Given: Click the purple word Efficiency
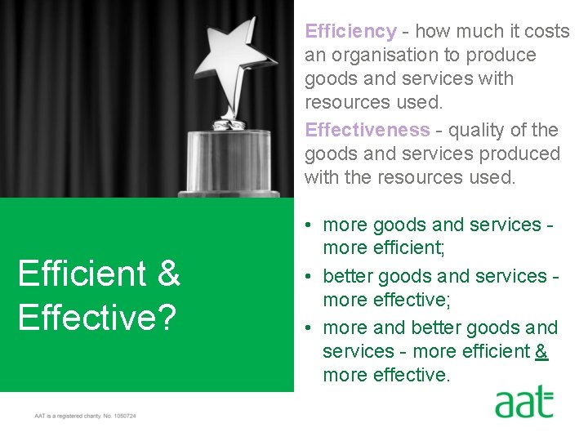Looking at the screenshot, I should coord(350,32).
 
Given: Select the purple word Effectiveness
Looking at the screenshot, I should coord(367,131).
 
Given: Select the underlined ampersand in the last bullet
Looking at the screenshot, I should coord(541,351).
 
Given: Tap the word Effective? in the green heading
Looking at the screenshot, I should coord(96,317).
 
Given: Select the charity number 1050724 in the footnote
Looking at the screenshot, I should coord(124,416).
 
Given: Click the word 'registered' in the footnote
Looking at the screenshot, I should coord(69,416).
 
